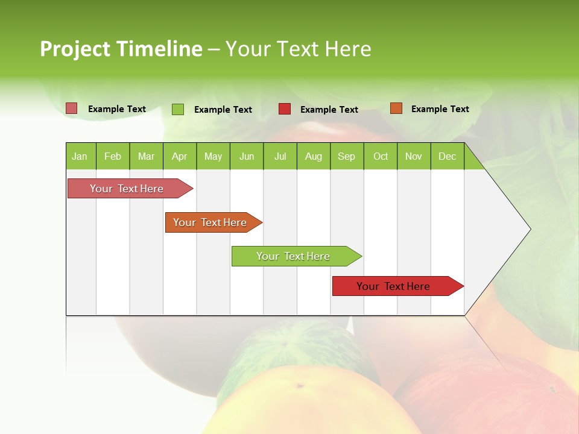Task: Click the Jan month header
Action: [x=80, y=156]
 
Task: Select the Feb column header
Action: [x=113, y=156]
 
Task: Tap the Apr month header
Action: [x=180, y=156]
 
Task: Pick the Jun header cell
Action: [x=247, y=156]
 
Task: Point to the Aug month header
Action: [x=314, y=156]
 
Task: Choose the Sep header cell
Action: [x=347, y=156]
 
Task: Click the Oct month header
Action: [x=381, y=156]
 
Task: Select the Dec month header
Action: [x=448, y=156]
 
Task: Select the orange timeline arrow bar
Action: [x=211, y=222]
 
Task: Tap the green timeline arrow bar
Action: [x=294, y=256]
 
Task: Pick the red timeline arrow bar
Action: [x=395, y=286]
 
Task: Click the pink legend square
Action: [x=72, y=108]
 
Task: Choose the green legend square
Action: [x=178, y=109]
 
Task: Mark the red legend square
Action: [x=285, y=109]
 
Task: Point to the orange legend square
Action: [x=396, y=108]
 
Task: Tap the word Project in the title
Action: [x=75, y=49]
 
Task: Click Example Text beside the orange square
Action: [x=440, y=109]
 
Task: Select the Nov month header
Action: [x=414, y=156]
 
